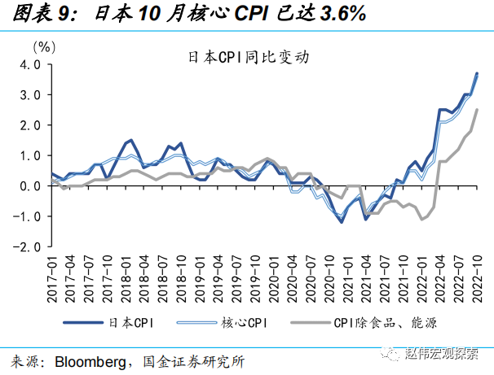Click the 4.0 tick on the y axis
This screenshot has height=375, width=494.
tap(30, 65)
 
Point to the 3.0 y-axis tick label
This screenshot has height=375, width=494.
tap(30, 95)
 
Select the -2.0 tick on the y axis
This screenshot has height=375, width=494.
tap(29, 246)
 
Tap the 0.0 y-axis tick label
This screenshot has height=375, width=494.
tap(30, 185)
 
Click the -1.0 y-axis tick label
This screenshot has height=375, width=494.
tap(29, 216)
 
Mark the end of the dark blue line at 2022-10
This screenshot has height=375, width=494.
tap(477, 74)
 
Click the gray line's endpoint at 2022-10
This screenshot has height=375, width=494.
tap(477, 111)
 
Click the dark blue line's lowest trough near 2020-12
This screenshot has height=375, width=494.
tap(341, 221)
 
